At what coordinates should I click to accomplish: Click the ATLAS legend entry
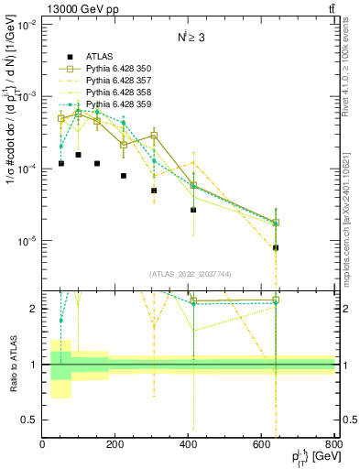[x=99, y=56]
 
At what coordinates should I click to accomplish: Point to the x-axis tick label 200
[x=115, y=445]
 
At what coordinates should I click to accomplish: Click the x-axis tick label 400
[x=189, y=445]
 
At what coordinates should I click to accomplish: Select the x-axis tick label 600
[x=262, y=445]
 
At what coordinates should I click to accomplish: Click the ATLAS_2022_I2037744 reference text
[x=190, y=273]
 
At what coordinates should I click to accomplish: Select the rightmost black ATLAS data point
[x=276, y=247]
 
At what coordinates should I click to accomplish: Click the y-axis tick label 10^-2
[x=26, y=24]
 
